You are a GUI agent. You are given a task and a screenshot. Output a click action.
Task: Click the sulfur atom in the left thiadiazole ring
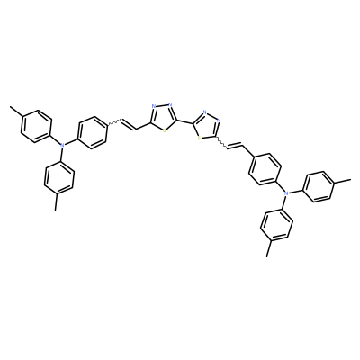point(165,130)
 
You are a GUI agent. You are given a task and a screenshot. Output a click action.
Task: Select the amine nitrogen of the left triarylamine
point(62,145)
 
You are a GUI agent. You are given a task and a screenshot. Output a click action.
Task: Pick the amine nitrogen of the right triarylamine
point(286,193)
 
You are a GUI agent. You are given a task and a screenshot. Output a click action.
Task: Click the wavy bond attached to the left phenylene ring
point(114,123)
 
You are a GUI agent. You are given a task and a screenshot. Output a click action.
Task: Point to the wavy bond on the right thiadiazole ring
point(222,142)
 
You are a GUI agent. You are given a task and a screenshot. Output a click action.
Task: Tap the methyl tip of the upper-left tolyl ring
point(10,107)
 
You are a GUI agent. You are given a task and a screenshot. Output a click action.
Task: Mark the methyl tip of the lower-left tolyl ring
point(55,210)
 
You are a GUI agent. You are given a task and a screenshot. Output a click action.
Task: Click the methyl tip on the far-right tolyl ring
point(350,180)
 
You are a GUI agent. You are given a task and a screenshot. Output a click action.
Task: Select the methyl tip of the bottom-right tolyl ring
point(266,256)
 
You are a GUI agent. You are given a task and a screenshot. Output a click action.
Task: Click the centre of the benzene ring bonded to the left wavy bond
point(92,132)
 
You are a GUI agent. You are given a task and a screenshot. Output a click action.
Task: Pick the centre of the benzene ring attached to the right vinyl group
point(265,168)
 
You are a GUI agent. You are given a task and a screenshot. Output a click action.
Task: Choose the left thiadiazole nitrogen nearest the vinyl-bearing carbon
point(154,106)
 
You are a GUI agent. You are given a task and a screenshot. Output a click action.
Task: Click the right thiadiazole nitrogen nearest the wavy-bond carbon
point(220,121)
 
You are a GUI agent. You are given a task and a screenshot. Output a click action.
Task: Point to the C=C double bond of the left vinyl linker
point(129,125)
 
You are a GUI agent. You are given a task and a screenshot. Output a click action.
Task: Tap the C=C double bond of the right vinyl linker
point(236,146)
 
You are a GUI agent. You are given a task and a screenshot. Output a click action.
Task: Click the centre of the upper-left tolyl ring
point(36,126)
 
